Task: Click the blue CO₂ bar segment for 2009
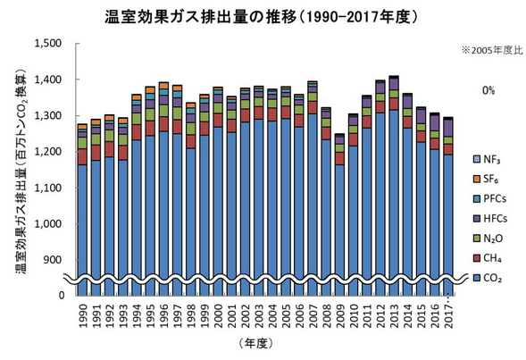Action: point(339,223)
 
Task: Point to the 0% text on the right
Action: point(488,90)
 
